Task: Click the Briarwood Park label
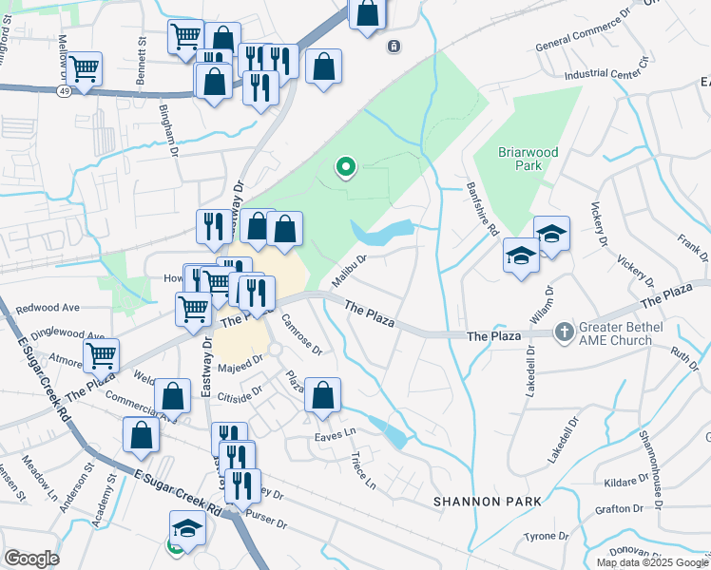pyautogui.click(x=528, y=159)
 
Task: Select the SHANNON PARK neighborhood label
pyautogui.click(x=487, y=501)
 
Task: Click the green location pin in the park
pyautogui.click(x=346, y=168)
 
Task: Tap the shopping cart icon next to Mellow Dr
pyautogui.click(x=85, y=68)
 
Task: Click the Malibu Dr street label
pyautogui.click(x=349, y=267)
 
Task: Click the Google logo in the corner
pyautogui.click(x=31, y=559)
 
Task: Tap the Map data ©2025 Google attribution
pyautogui.click(x=653, y=562)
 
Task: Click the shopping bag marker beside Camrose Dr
pyautogui.click(x=322, y=394)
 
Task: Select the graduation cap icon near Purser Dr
pyautogui.click(x=187, y=527)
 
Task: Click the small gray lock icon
pyautogui.click(x=394, y=46)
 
